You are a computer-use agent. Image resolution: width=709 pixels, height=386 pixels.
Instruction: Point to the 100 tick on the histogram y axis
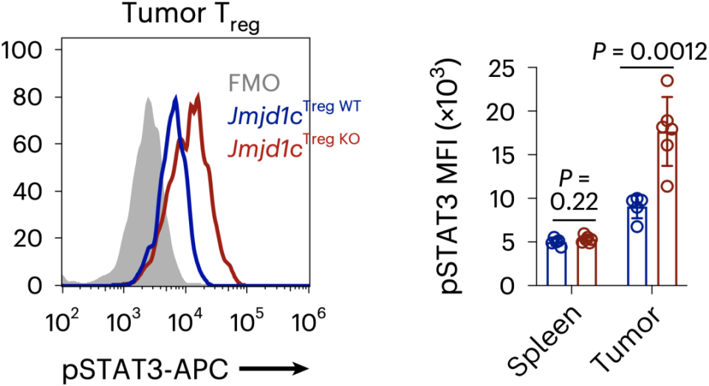tap(25, 50)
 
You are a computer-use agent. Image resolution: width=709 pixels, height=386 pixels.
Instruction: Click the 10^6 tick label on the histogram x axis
tap(309, 320)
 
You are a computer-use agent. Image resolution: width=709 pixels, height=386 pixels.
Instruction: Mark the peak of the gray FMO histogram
tap(148, 98)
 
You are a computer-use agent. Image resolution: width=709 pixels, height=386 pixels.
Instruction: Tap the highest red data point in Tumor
tap(668, 81)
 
